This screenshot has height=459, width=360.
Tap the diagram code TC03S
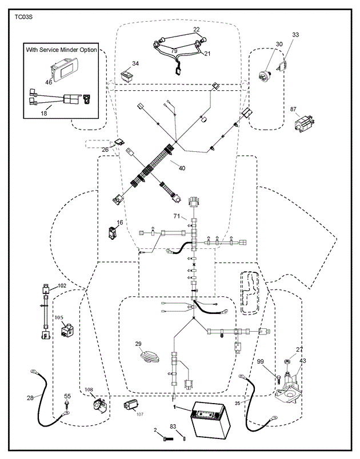(x=25, y=18)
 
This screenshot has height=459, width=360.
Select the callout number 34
(x=135, y=63)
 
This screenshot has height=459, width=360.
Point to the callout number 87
(x=293, y=108)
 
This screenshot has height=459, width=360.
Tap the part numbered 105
(x=69, y=331)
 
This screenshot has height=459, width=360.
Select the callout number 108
(x=89, y=390)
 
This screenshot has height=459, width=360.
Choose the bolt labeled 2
(x=166, y=438)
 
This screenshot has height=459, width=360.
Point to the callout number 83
(x=173, y=426)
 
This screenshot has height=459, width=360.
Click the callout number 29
(x=138, y=344)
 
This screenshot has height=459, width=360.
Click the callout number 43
(x=302, y=360)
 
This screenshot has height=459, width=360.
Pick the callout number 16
(x=120, y=223)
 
